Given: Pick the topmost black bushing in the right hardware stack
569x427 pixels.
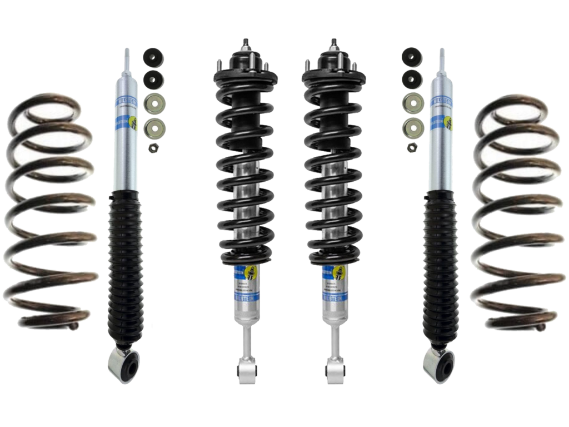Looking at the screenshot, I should click(411, 56).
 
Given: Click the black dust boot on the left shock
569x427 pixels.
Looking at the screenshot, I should click(126, 267).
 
